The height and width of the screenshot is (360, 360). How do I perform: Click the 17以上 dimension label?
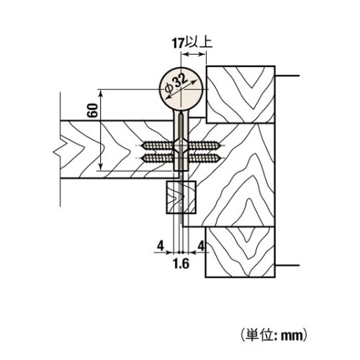point(192,43)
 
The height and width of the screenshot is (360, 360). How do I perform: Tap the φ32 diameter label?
point(177,85)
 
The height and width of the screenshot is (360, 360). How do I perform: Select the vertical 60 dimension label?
point(93,110)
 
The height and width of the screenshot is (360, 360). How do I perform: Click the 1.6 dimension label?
point(181,264)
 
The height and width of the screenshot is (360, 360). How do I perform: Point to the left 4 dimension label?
point(161,246)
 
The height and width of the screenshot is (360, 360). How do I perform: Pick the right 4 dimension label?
point(201,246)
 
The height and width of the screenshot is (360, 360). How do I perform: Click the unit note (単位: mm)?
point(274,335)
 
